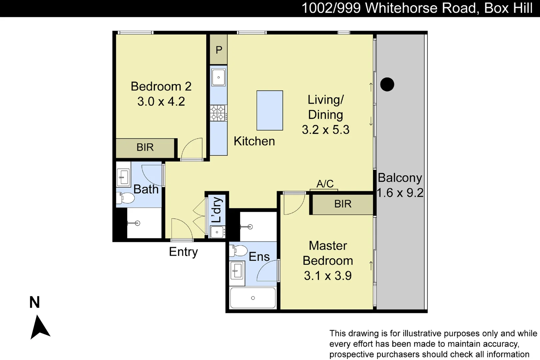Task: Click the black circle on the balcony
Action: tap(387, 84)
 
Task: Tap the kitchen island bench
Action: tap(270, 110)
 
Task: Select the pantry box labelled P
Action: tap(219, 50)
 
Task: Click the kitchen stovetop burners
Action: tap(218, 113)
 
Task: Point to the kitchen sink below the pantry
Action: tap(219, 77)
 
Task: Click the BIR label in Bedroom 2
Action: tap(145, 147)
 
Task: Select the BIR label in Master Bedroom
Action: tap(343, 204)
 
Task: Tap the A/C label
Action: tap(325, 184)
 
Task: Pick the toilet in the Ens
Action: tap(239, 251)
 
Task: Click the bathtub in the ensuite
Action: tap(253, 298)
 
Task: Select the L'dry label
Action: tap(217, 210)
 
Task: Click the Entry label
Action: tap(183, 252)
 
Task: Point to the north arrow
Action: tap(39, 327)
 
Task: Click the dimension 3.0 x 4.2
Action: tap(161, 101)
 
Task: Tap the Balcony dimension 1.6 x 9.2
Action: tap(400, 193)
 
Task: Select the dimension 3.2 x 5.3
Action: tap(325, 130)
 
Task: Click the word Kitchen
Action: tap(254, 141)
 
